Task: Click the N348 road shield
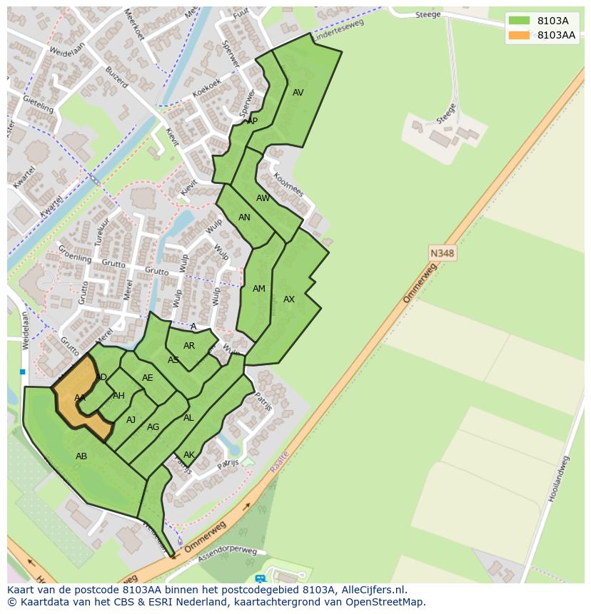[x=443, y=253]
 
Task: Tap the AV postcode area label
[x=298, y=93]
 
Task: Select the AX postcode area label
[x=289, y=300]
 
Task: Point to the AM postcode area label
[x=259, y=289]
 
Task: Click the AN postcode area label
[x=244, y=218]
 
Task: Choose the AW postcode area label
[x=263, y=198]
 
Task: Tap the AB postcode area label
[x=81, y=456]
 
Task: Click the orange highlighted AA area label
[x=80, y=398]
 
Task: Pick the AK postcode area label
[x=189, y=455]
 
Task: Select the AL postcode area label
[x=188, y=418]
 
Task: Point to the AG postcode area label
[x=153, y=427]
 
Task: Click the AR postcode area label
[x=189, y=346]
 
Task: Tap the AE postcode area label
[x=148, y=378]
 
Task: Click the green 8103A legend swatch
[x=519, y=21]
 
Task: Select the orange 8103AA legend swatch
[x=519, y=35]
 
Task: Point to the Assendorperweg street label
[x=228, y=552]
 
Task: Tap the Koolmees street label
[x=289, y=184]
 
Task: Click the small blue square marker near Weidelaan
[x=23, y=372]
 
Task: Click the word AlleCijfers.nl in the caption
[x=373, y=590]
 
